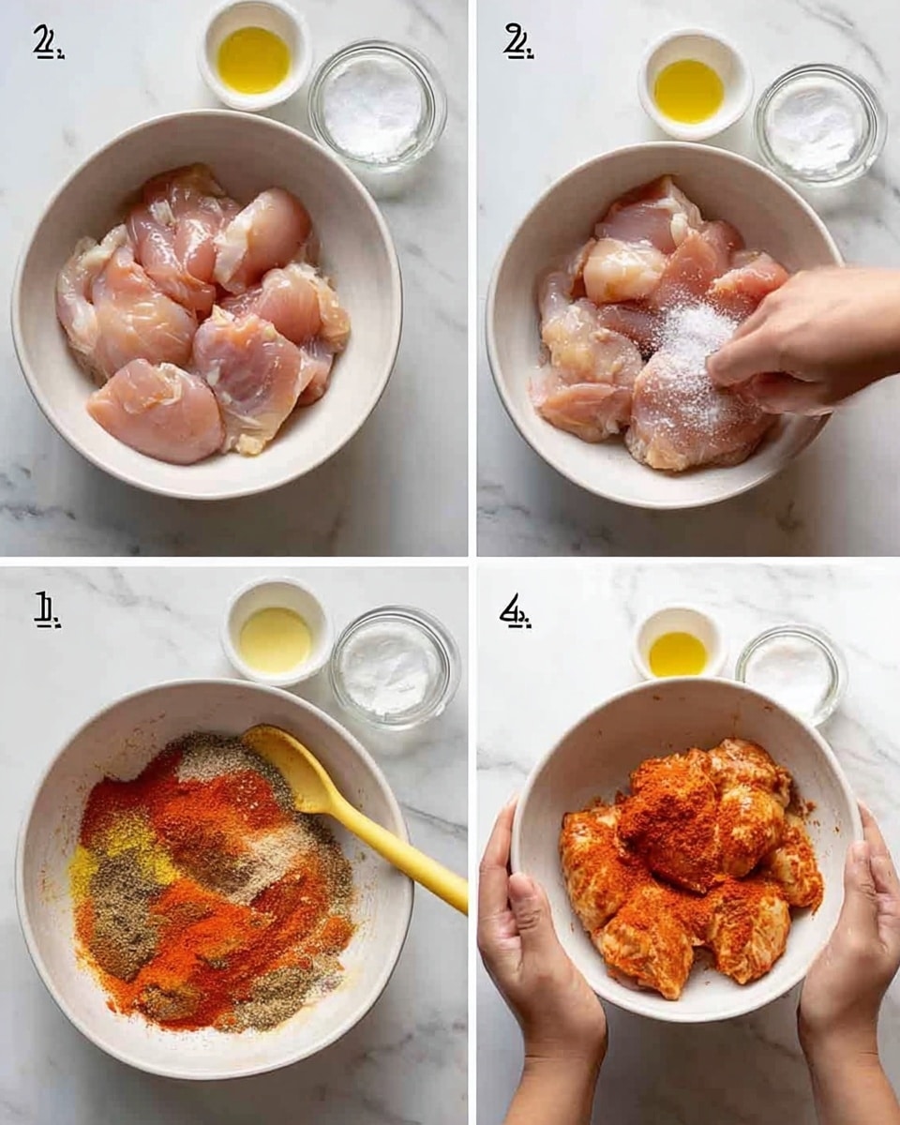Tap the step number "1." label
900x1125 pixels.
click(x=47, y=612)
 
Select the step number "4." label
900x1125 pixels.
click(x=515, y=612)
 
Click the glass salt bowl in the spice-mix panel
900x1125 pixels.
click(x=395, y=667)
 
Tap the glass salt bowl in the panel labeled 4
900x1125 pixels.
click(x=790, y=671)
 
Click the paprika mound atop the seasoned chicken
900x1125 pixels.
click(x=670, y=816)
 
